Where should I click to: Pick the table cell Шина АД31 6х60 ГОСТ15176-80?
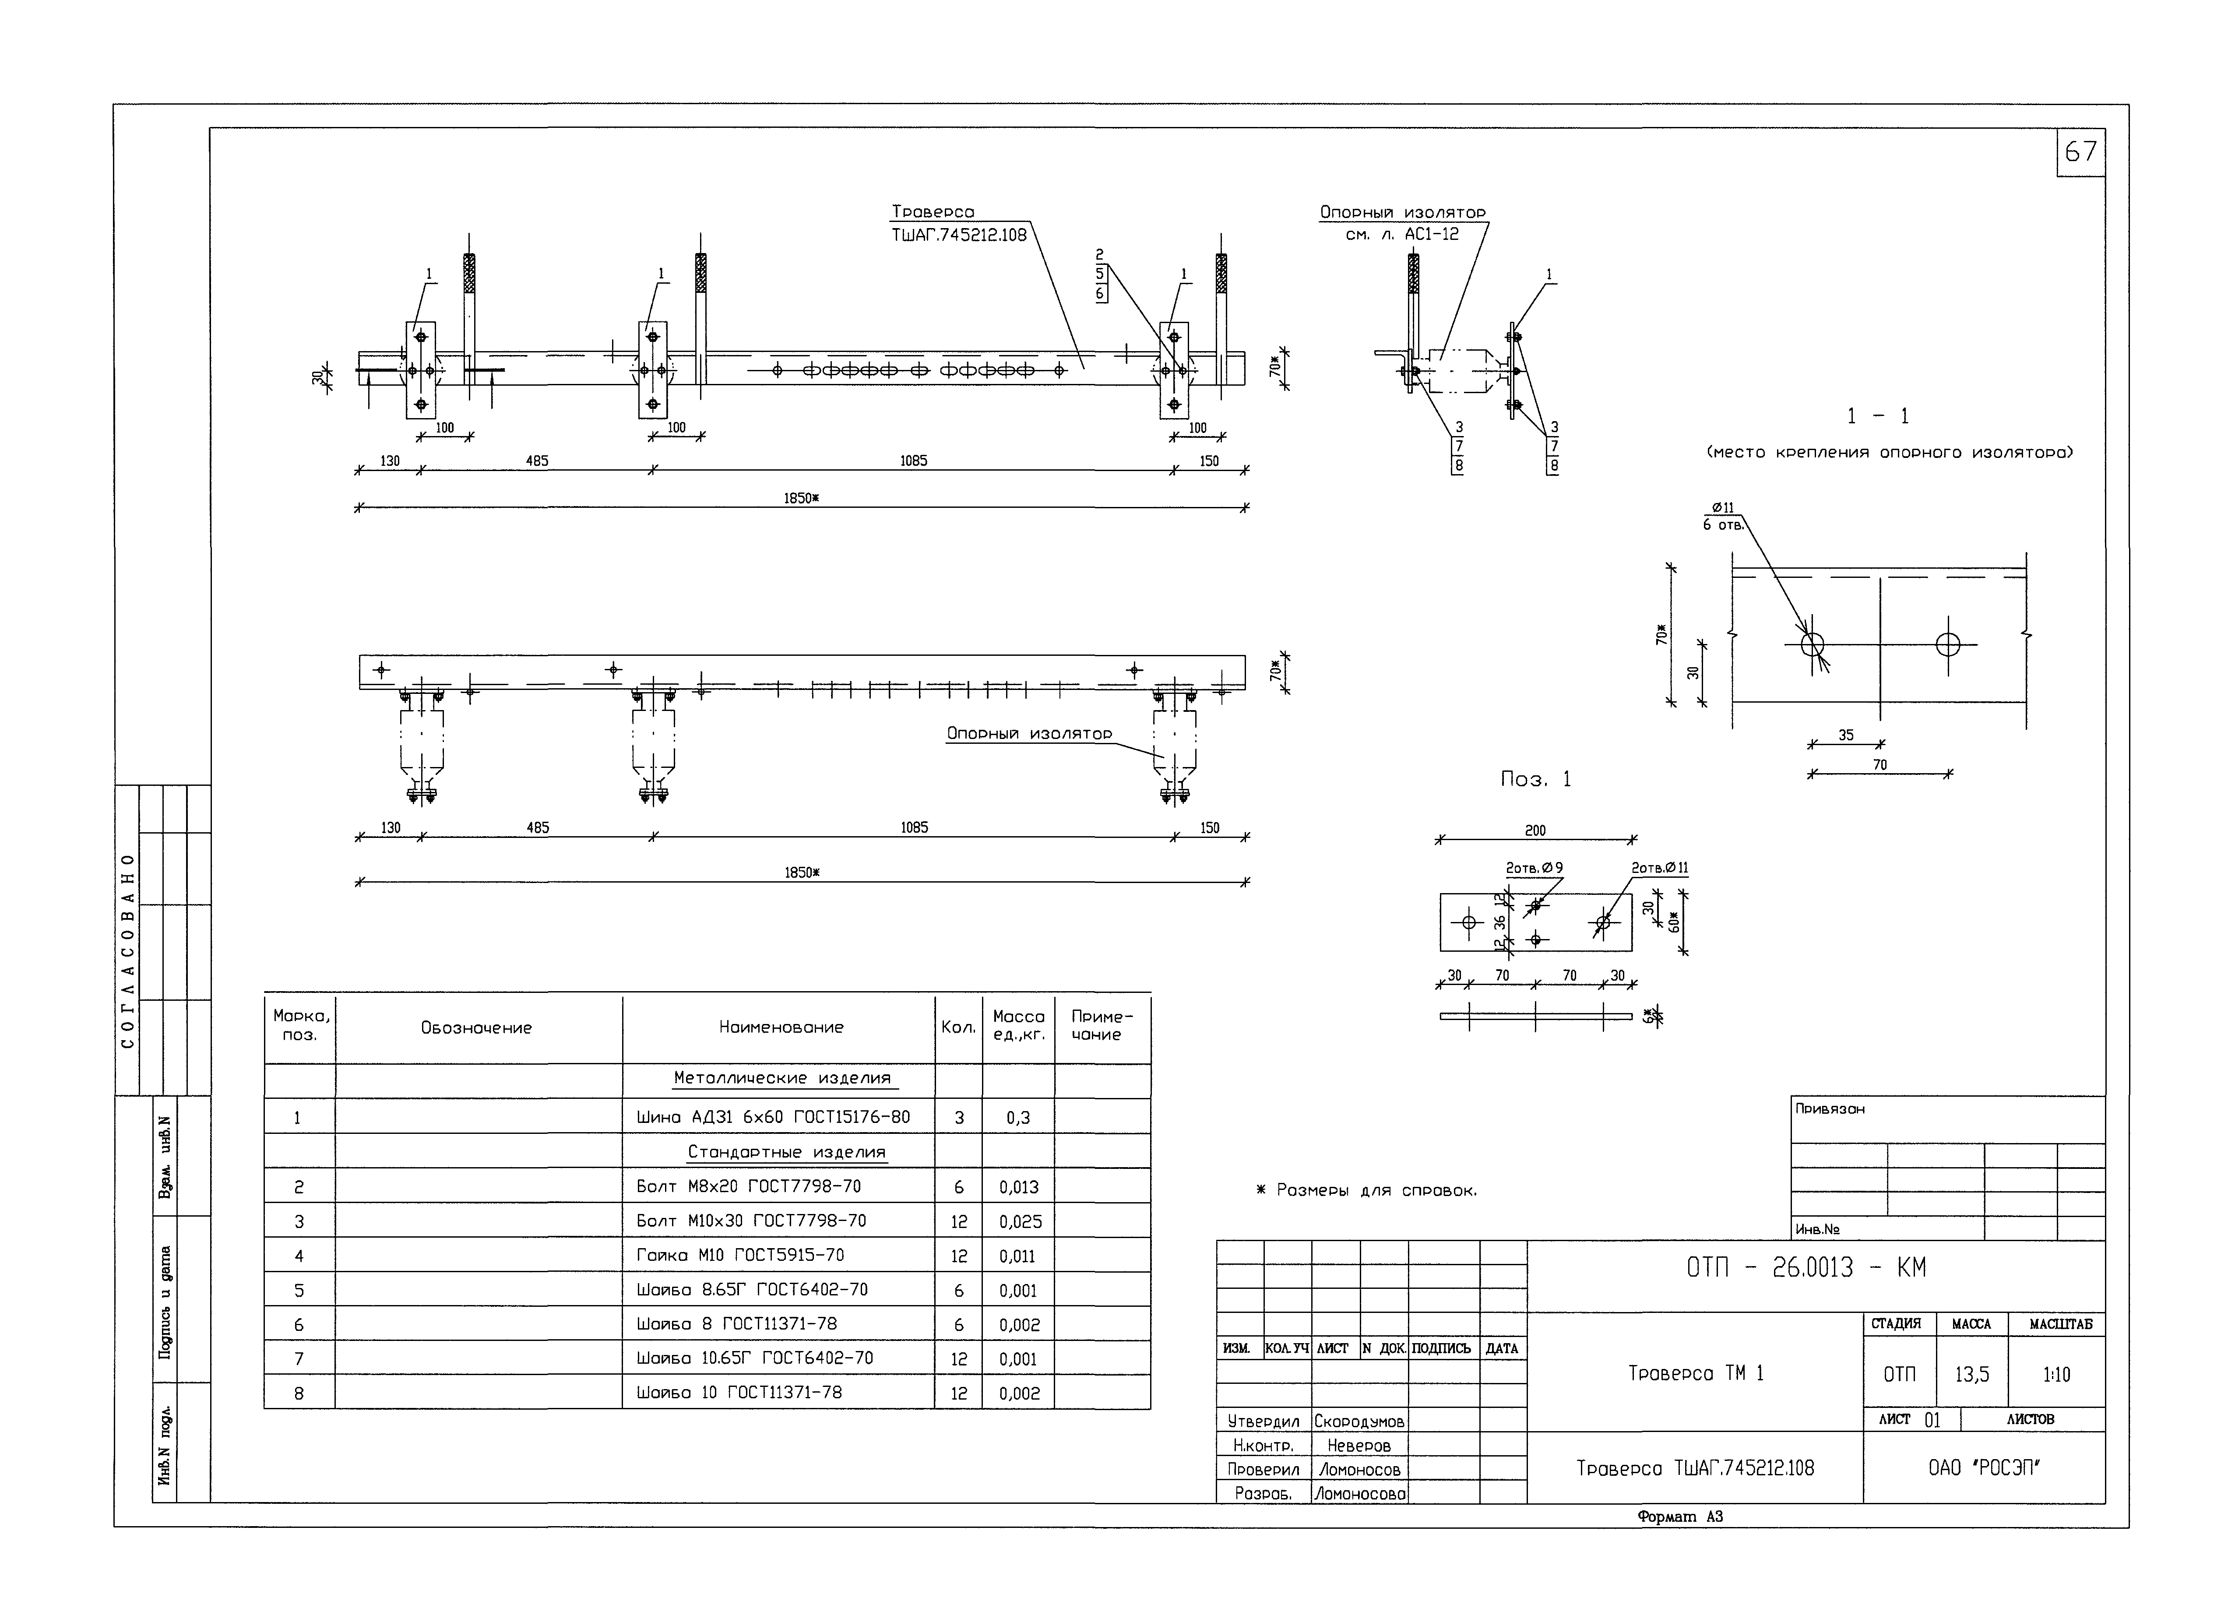(774, 1117)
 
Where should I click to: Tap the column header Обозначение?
(476, 1028)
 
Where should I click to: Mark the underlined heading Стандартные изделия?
(786, 1152)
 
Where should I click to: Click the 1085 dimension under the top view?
(914, 460)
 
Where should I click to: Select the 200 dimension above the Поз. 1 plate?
(1535, 830)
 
